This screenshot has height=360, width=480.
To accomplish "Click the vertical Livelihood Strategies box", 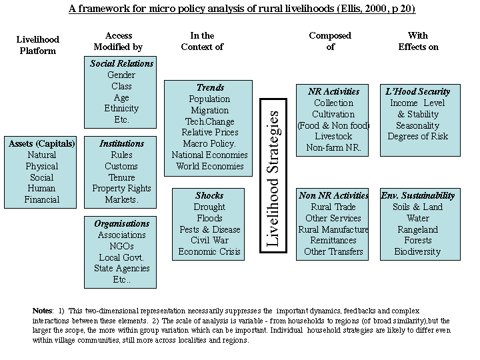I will coord(273,176).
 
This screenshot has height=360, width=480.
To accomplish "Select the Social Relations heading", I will coord(121,64).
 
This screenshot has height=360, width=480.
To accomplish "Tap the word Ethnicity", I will coord(121,109).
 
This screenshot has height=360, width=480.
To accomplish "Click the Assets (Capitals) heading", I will coord(42,143).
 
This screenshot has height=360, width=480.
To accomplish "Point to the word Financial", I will coord(42,199).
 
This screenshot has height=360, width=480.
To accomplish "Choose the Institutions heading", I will coord(121,143).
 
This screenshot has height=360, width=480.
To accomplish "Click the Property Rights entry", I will coord(121,189).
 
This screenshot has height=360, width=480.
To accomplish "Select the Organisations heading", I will coord(121,224).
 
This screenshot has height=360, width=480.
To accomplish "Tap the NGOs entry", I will coord(121,246).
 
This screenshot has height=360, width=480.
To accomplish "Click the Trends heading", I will coord(210,87).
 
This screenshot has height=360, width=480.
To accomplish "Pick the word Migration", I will coord(210,110).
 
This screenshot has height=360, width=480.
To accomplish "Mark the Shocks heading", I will coord(209,195).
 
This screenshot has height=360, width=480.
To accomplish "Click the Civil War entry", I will coord(209,241).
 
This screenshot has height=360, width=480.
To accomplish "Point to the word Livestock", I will coord(333,137).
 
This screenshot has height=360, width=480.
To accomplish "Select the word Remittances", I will coord(333,241).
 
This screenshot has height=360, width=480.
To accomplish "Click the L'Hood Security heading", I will coord(418,91).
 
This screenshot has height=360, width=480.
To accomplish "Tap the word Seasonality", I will coord(418,125).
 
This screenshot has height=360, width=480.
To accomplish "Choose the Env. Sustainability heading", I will coord(418,195).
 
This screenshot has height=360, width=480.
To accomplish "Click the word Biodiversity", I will coord(418,251).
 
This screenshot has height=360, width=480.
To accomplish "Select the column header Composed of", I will coord(330,41).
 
